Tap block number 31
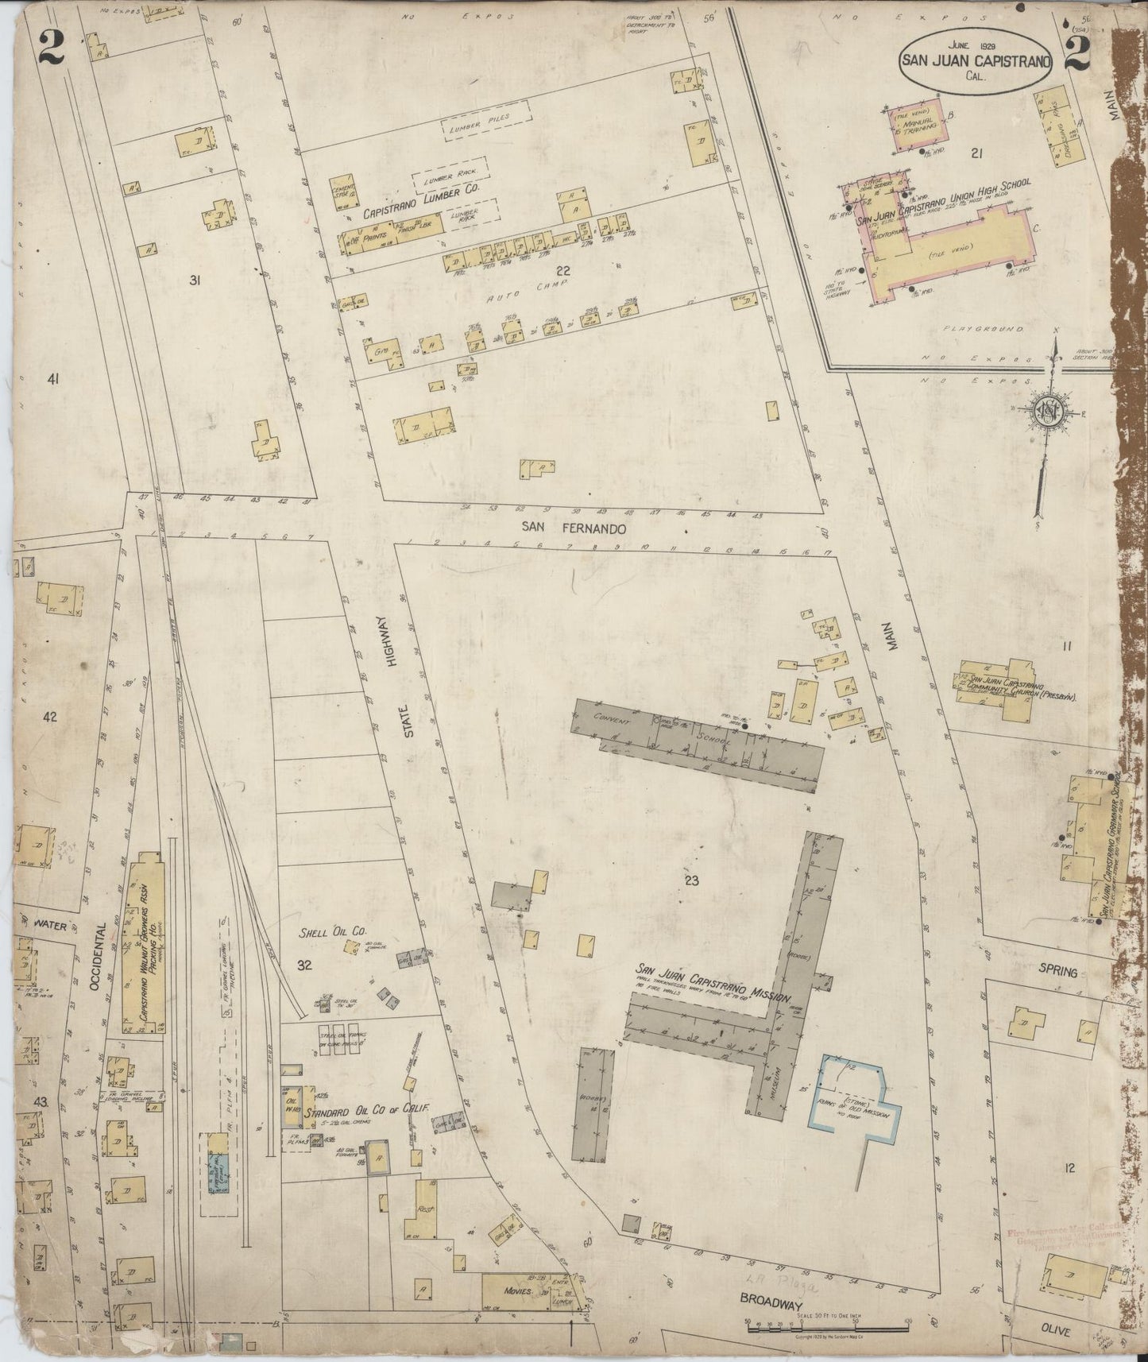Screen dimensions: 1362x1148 (194, 280)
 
